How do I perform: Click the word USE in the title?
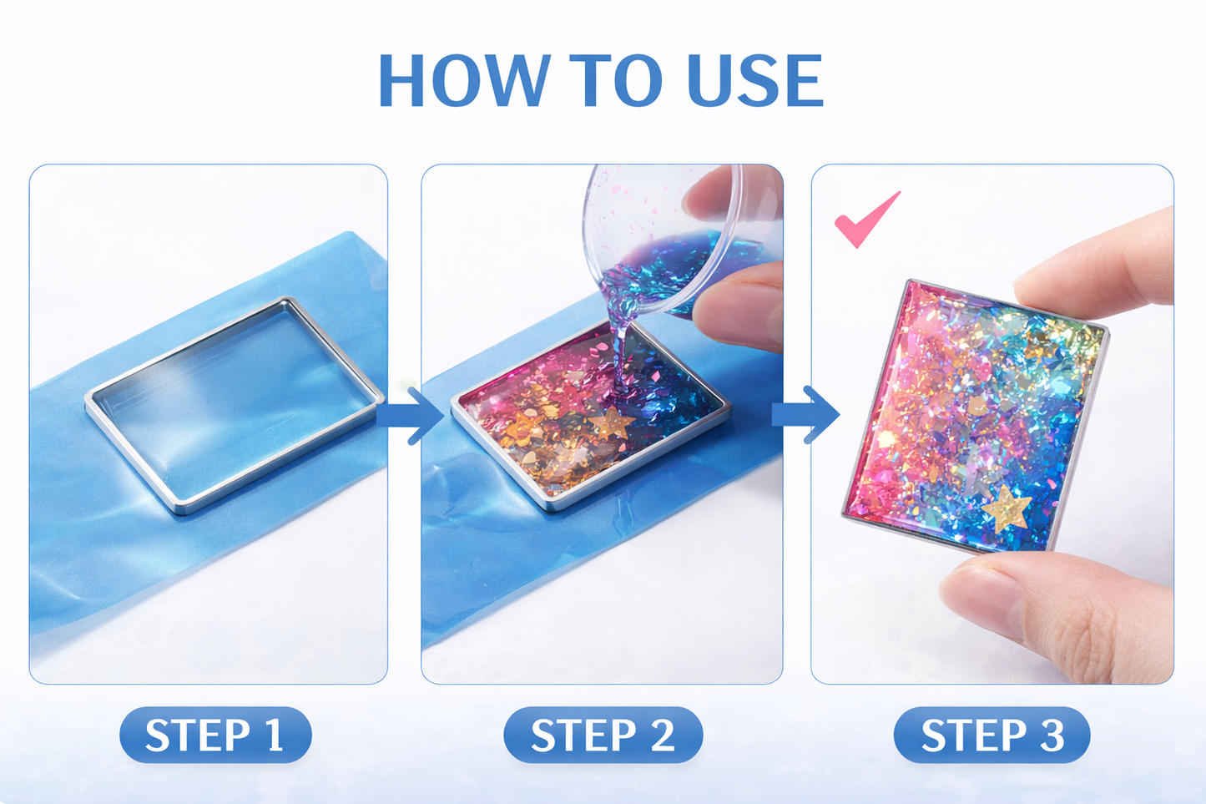click(x=754, y=81)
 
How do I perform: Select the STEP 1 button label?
click(x=215, y=736)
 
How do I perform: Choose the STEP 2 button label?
click(x=603, y=736)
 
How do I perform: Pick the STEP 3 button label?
click(x=992, y=736)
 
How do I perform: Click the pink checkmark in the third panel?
click(x=865, y=220)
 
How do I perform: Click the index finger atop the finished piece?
click(x=1102, y=267)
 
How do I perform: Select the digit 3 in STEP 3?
click(x=1052, y=736)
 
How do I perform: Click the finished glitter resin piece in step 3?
click(x=972, y=417)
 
